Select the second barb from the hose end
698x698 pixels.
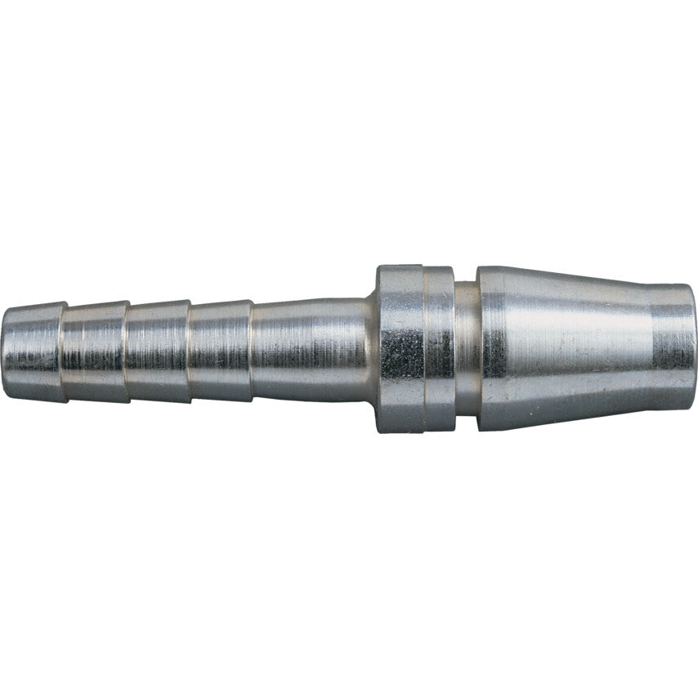(x=96, y=351)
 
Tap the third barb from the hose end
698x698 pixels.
(x=158, y=351)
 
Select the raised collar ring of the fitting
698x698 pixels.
(x=414, y=349)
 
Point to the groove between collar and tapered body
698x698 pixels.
(x=466, y=349)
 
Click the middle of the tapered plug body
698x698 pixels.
(x=564, y=349)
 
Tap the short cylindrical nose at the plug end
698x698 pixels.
(x=673, y=347)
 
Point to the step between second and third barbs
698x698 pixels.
(x=128, y=351)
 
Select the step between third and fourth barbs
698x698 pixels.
(x=189, y=351)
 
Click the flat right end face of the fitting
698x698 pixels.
(x=695, y=347)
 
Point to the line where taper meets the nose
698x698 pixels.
(x=651, y=347)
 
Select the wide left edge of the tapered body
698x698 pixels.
(x=480, y=349)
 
